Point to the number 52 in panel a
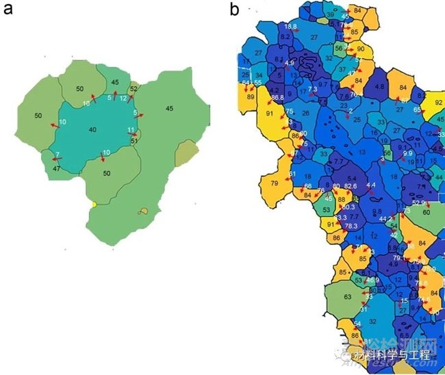click(x=133, y=89)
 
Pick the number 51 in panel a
click(x=134, y=142)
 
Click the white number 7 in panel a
click(x=57, y=155)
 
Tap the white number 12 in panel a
click(x=123, y=99)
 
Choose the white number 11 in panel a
click(x=130, y=129)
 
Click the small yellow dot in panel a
click(x=94, y=205)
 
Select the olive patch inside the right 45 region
click(x=185, y=155)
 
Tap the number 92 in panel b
click(x=439, y=103)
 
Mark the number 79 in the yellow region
click(x=275, y=183)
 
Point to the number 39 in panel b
click(x=331, y=15)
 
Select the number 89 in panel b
click(x=251, y=98)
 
